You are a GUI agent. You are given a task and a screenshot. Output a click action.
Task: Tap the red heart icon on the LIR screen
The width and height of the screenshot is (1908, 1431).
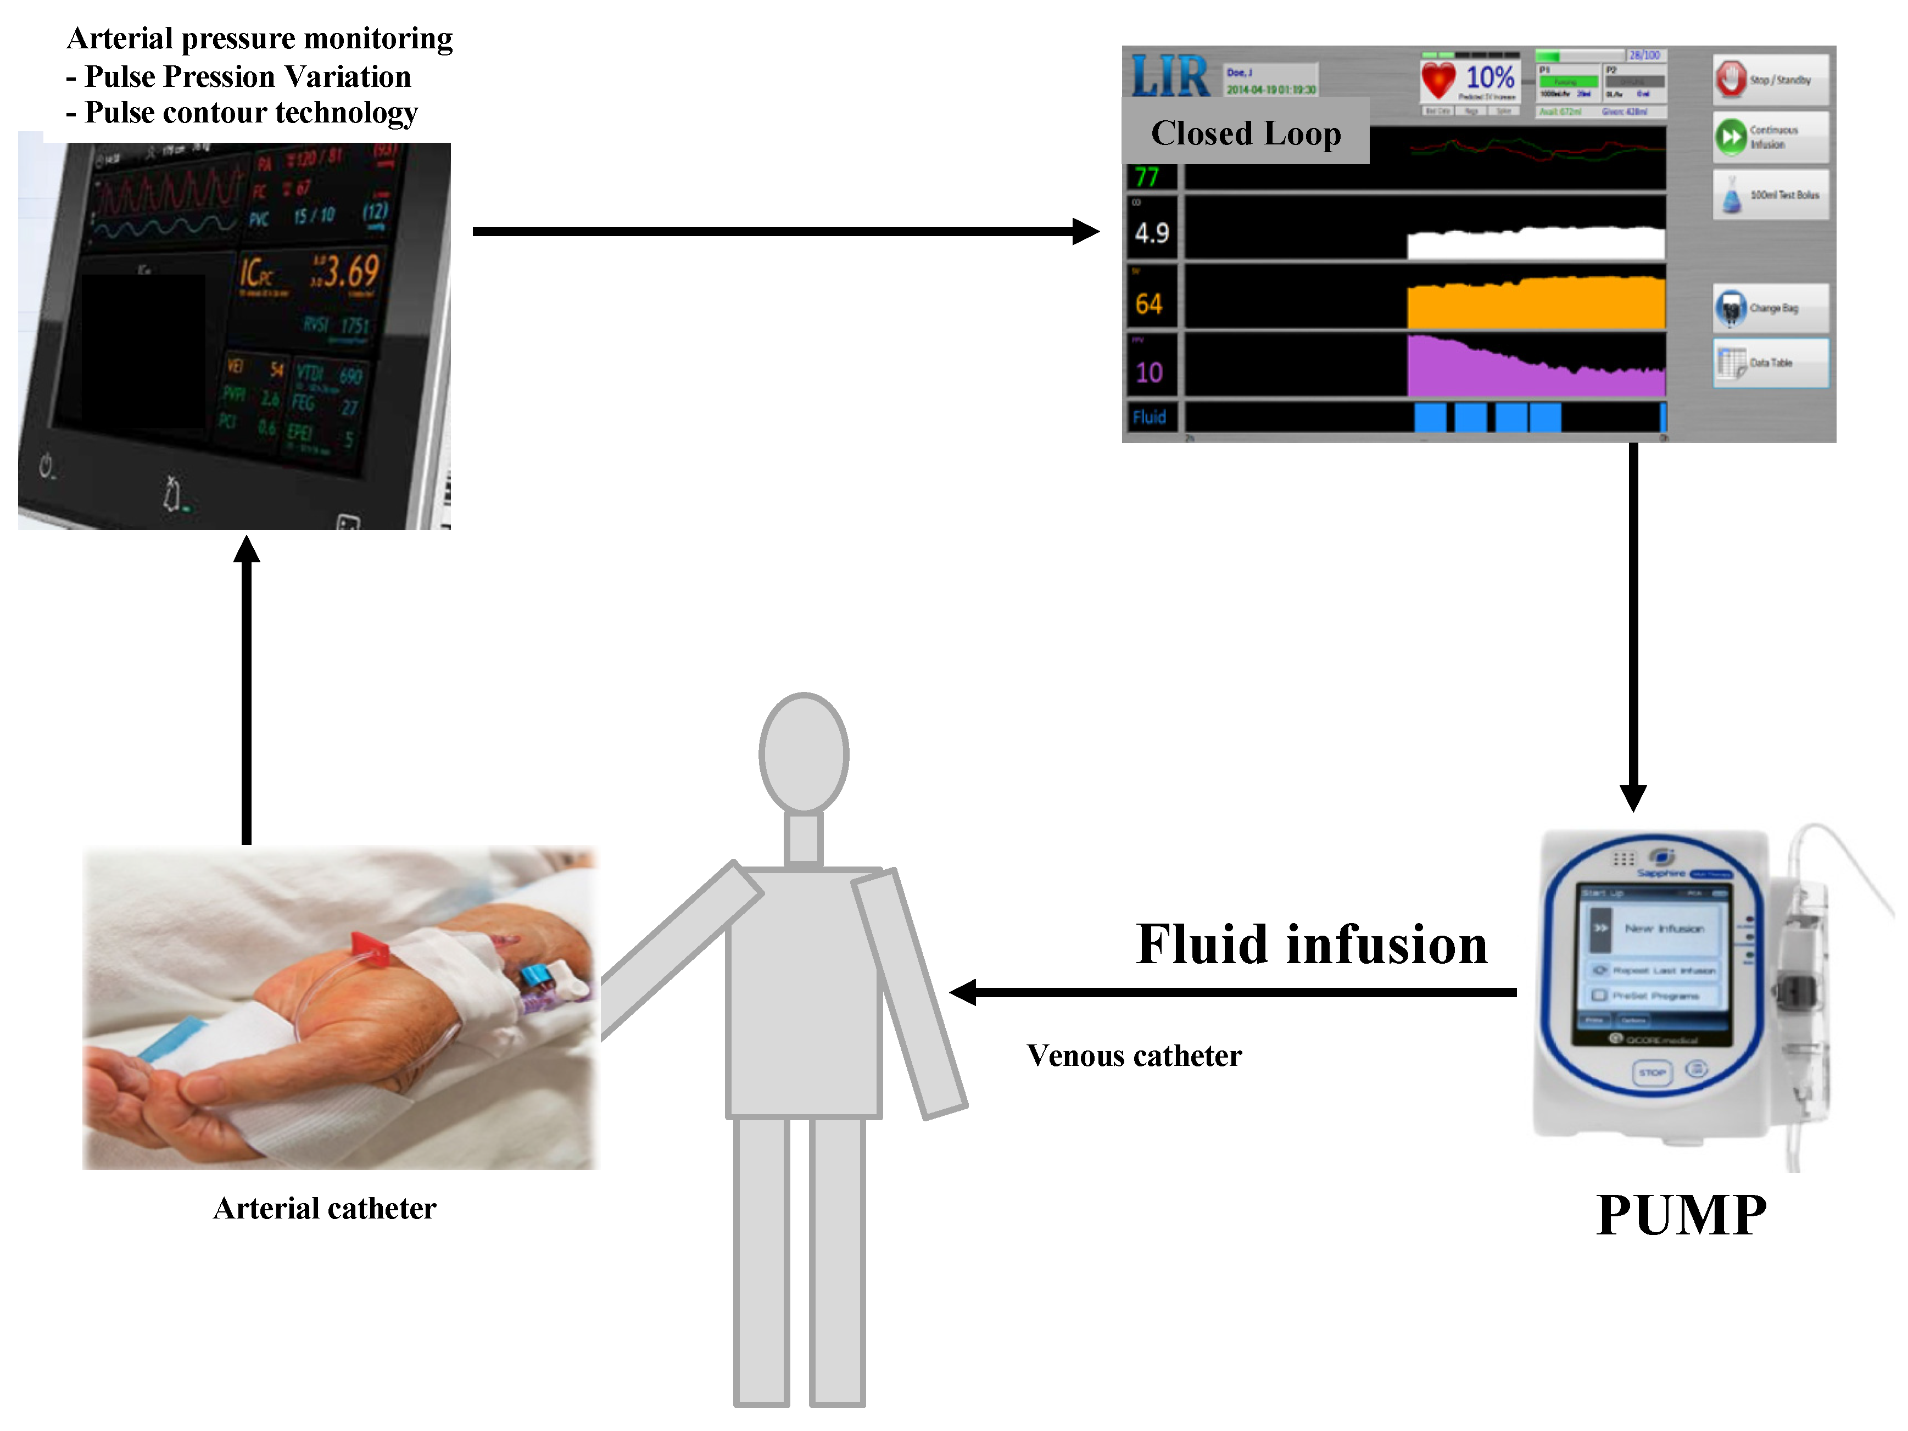tap(1438, 80)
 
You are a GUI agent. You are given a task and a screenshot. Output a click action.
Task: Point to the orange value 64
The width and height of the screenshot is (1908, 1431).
tap(1149, 304)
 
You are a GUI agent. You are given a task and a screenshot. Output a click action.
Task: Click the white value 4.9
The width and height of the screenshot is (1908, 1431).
tap(1152, 233)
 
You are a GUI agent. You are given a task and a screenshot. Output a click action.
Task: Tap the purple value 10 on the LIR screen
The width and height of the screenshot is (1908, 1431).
tap(1149, 373)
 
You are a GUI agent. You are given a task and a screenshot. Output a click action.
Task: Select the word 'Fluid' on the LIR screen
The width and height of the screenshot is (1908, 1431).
tap(1149, 417)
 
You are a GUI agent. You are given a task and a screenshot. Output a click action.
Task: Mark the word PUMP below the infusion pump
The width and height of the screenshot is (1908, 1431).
tap(1680, 1215)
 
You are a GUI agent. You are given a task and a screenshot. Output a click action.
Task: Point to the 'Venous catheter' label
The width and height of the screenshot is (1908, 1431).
tap(1134, 1056)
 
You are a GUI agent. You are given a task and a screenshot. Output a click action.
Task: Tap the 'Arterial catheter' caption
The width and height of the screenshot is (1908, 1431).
tap(325, 1209)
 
